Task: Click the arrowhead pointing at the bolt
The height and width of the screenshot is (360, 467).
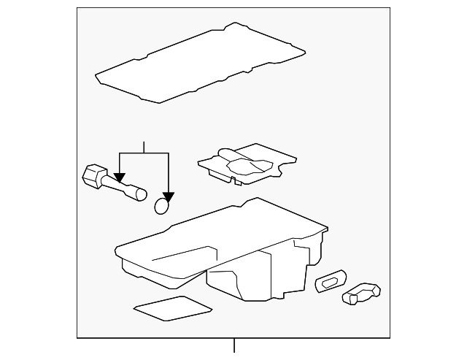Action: (x=120, y=177)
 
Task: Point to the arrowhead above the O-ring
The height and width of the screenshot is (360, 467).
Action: (x=169, y=196)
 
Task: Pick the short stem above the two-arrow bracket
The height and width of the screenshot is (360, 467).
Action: (x=144, y=147)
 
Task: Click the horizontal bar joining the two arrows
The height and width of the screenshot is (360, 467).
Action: (x=144, y=153)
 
